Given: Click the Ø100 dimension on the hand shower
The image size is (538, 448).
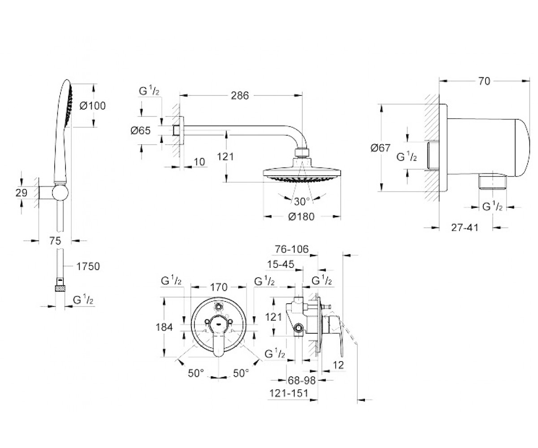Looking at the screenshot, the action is point(92,106).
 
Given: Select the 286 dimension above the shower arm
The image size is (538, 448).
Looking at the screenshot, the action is point(240,96).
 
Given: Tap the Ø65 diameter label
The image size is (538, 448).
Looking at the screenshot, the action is point(140,130).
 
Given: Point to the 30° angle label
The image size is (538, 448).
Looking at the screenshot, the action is point(302,201).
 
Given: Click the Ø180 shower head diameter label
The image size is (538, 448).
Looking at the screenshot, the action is point(301,216).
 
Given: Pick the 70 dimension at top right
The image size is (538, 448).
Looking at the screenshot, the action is point(484,82).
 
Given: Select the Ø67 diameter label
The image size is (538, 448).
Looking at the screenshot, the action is point(380,148).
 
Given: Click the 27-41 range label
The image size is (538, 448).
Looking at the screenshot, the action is point(464,228).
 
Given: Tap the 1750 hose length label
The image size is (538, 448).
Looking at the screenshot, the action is point(88,267).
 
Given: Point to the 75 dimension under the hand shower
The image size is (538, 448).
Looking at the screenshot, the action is point(55,241).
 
